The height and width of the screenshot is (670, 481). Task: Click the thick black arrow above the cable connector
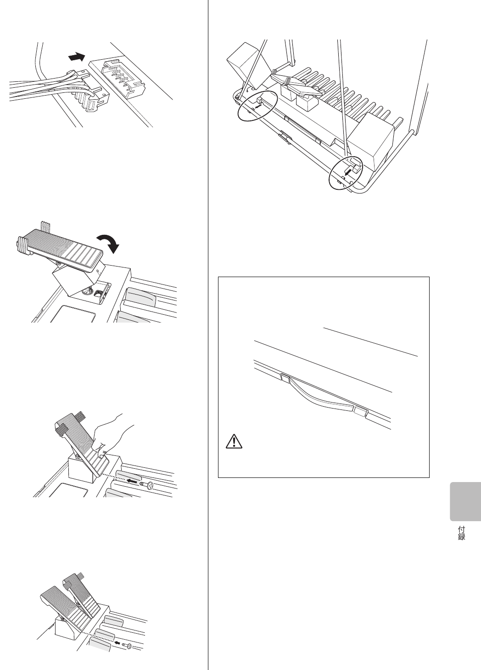[x=76, y=57]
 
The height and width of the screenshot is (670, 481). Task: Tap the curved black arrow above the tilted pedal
[x=109, y=242]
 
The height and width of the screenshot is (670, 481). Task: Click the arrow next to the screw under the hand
[x=134, y=481]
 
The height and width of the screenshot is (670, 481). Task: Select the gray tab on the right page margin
[x=465, y=501]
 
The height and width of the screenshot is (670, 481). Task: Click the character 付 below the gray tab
[x=462, y=529]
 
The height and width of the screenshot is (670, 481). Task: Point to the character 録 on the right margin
[x=462, y=536]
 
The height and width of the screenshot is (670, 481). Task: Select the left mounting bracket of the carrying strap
[x=285, y=378]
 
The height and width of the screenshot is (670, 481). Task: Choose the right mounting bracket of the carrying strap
[x=361, y=411]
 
